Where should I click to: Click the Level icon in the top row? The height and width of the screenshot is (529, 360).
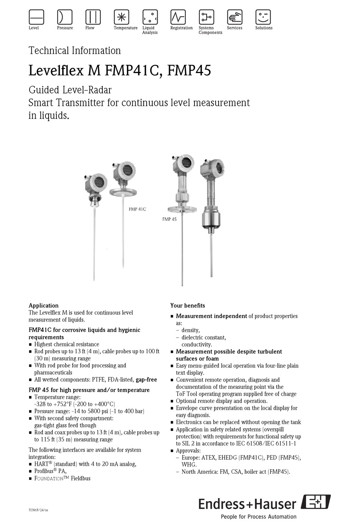pos(36,17)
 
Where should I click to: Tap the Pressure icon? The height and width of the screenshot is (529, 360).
pos(64,17)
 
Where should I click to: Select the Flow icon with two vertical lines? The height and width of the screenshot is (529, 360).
pos(93,17)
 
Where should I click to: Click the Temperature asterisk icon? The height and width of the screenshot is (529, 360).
pos(121,17)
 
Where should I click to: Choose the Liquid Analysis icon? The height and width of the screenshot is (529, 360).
pos(150,17)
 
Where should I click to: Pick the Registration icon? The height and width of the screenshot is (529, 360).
pos(178,17)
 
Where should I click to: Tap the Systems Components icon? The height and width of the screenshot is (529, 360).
pos(207,17)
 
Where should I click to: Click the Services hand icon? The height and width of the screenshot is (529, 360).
pos(235,17)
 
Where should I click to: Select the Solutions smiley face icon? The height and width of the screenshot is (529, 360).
pos(263,17)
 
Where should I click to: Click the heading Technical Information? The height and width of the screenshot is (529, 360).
pos(75,51)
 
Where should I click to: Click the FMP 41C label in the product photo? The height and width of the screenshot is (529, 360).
pos(137,209)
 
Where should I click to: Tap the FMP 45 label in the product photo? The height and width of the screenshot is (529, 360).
pos(169,219)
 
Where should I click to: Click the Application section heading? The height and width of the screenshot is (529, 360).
pos(44,306)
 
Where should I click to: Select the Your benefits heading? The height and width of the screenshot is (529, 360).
pos(188,306)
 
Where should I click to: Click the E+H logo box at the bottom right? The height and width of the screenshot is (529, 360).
pos(316,502)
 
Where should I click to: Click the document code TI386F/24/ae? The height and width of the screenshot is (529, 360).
pos(38,510)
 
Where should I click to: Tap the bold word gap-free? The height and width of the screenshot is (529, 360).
pos(146,380)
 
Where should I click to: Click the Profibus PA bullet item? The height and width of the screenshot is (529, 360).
pos(50,471)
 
